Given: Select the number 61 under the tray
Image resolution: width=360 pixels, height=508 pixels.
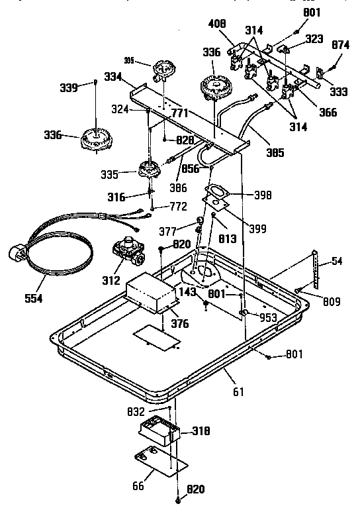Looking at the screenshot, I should click(x=238, y=392).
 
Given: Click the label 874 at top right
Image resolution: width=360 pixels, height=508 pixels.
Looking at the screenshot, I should click(x=340, y=46).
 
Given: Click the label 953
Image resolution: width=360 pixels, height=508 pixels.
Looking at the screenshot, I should click(x=267, y=317).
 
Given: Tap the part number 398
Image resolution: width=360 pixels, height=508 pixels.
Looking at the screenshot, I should click(x=262, y=195).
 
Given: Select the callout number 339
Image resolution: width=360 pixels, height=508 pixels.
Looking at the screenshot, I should click(x=87, y=87).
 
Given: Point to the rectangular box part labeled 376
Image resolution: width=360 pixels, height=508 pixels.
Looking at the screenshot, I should click(x=152, y=294).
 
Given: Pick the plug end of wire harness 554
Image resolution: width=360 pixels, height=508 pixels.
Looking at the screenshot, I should click(x=17, y=255).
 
